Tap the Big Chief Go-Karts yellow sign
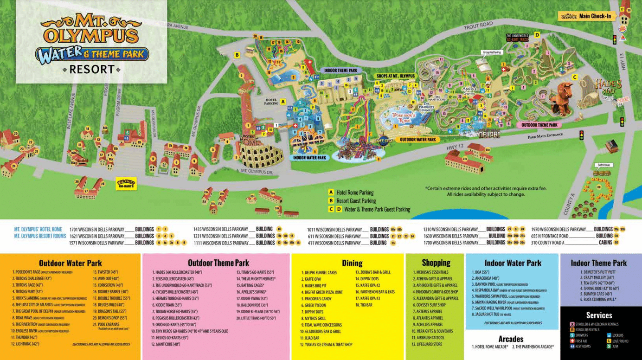pyautogui.click(x=126, y=184)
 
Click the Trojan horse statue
pyautogui.click(x=563, y=98)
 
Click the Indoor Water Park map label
pyautogui.click(x=310, y=158)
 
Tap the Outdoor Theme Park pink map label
pyautogui.click(x=539, y=125)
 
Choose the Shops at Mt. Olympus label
pyautogui.click(x=395, y=76)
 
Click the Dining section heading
pyautogui.click(x=352, y=263)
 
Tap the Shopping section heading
pyautogui.click(x=436, y=263)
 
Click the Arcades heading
pyautogui.click(x=511, y=339)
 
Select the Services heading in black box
pyautogui.click(x=599, y=315)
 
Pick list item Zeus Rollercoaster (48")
pyautogui.click(x=174, y=279)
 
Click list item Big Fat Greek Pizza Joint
pyautogui.click(x=323, y=292)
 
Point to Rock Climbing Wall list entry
pyautogui.click(x=599, y=300)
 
